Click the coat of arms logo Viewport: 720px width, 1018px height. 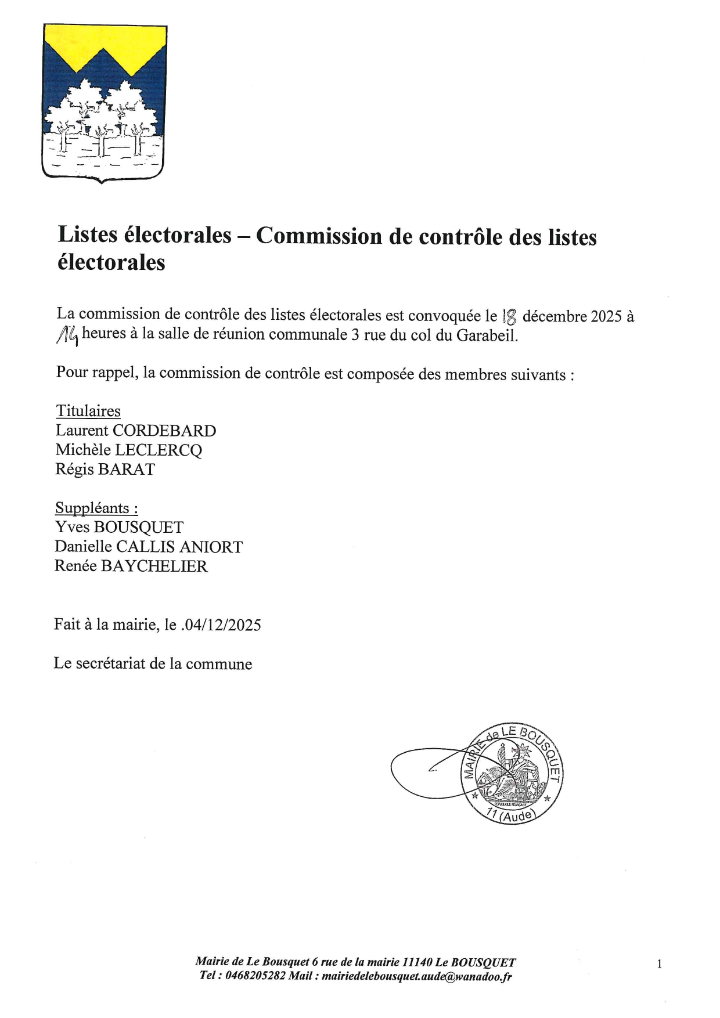[x=105, y=103]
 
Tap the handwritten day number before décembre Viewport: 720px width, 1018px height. [x=510, y=316]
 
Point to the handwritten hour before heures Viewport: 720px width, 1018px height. [x=68, y=335]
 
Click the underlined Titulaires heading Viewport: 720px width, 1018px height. [x=88, y=411]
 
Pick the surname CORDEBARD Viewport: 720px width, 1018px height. [x=164, y=431]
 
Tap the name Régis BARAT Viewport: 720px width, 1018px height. [x=105, y=469]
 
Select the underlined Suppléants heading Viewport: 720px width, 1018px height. [x=96, y=508]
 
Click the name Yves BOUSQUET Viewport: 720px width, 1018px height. [x=119, y=527]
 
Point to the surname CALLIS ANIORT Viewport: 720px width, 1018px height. [x=179, y=547]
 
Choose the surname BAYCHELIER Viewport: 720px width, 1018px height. [x=154, y=566]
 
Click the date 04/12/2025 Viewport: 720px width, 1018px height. [x=222, y=625]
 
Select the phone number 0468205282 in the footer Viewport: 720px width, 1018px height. [x=255, y=976]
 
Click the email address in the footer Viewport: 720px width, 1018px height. [x=416, y=976]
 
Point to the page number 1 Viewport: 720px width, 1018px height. [x=659, y=964]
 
